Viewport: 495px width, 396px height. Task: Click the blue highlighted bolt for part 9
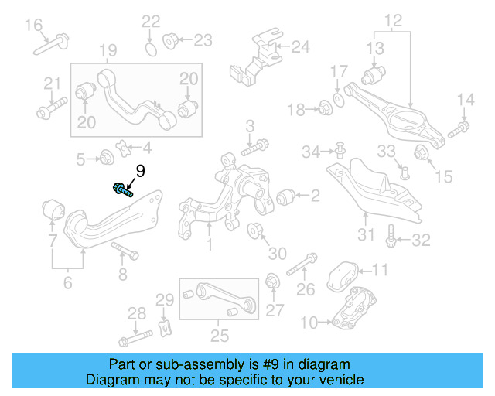point(122,189)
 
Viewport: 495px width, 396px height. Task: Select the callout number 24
point(299,47)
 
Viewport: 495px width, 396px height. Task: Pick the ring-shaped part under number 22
point(152,49)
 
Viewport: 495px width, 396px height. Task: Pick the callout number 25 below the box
point(220,336)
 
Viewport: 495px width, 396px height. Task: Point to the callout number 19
point(108,52)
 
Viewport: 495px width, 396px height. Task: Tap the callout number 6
point(67,283)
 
